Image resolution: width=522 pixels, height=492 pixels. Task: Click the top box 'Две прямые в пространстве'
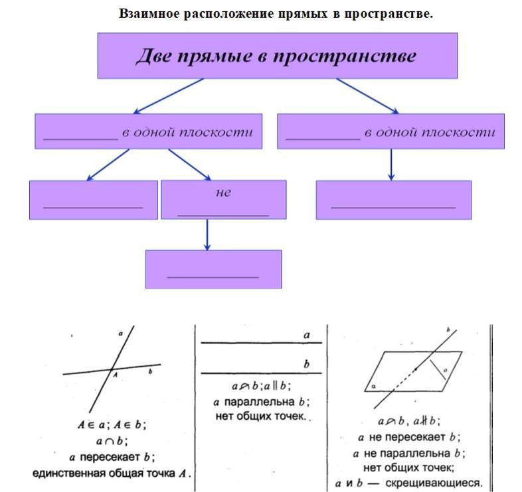tap(277, 56)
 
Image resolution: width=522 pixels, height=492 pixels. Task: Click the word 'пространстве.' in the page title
tap(394, 13)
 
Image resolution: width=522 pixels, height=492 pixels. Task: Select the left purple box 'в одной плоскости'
tap(147, 131)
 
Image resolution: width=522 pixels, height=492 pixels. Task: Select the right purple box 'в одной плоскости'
tap(390, 131)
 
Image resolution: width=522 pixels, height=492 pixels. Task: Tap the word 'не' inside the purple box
tap(223, 192)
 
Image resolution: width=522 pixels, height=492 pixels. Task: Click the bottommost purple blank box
tap(213, 269)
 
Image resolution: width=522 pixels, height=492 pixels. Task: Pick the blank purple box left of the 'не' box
tap(93, 200)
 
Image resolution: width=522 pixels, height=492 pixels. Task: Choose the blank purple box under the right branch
tap(393, 200)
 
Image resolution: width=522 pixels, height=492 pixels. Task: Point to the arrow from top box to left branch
tap(169, 96)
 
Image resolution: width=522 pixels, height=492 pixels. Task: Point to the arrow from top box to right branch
tap(367, 95)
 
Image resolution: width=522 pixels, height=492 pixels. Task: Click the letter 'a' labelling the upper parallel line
tap(306, 336)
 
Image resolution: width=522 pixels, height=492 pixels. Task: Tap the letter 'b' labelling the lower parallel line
tap(306, 364)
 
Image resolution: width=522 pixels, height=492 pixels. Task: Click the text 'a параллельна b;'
tap(262, 402)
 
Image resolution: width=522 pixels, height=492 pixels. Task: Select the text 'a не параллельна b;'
tap(410, 453)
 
